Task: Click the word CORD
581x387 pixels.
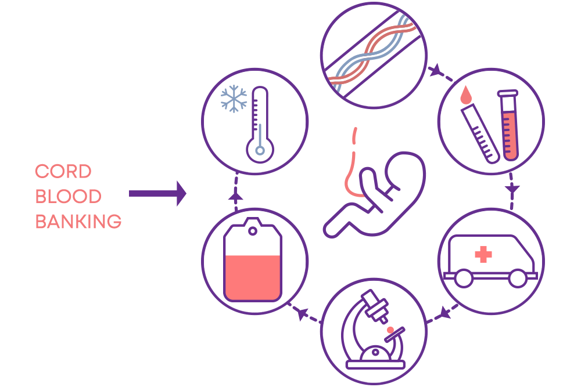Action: click(63, 171)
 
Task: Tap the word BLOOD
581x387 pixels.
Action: click(68, 197)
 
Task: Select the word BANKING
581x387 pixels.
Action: click(78, 222)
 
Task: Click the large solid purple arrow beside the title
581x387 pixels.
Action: click(157, 194)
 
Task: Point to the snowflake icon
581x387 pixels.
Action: click(234, 99)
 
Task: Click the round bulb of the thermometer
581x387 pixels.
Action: click(260, 150)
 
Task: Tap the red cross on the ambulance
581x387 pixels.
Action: click(483, 254)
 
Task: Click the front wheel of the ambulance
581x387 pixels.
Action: click(518, 279)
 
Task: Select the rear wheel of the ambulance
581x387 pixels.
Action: click(464, 279)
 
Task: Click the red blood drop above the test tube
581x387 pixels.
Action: click(466, 95)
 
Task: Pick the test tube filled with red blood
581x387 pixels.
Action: click(509, 125)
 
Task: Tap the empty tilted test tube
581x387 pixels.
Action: click(480, 133)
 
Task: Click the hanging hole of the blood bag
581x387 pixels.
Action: click(253, 232)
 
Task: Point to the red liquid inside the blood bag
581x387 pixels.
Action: click(253, 277)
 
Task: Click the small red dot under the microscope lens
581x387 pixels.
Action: click(390, 330)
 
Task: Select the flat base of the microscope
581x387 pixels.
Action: click(375, 365)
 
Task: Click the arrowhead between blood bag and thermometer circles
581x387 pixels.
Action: click(236, 197)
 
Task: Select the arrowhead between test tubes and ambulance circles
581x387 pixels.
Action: click(512, 189)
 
